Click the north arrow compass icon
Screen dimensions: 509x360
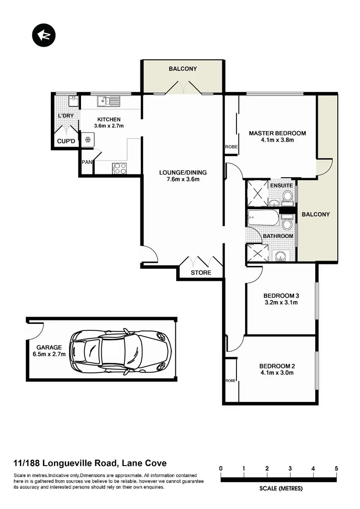tap(43, 35)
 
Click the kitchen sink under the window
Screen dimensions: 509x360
tap(108, 101)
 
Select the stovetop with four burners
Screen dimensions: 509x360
tap(119, 168)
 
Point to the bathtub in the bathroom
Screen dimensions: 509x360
tap(264, 219)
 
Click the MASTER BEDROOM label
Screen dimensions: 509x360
tap(277, 133)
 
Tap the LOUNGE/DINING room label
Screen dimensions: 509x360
tap(182, 172)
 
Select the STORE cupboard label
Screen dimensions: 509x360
tap(200, 273)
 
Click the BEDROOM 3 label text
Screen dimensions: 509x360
tap(281, 296)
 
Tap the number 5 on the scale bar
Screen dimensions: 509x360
tap(336, 468)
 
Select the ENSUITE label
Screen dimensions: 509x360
tap(281, 186)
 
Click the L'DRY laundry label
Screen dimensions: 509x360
tap(65, 116)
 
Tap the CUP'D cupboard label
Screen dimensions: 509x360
tap(66, 141)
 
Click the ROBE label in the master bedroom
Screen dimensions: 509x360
tap(231, 147)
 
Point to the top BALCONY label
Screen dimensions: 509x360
tap(183, 69)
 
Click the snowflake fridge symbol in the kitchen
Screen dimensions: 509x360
tap(87, 140)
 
